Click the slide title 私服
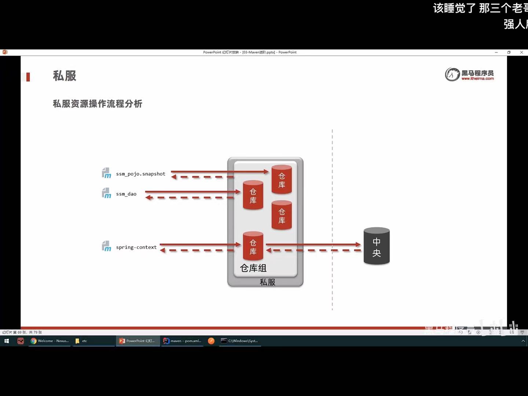pos(65,76)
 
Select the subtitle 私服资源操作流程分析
pos(98,104)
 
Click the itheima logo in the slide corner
pos(469,74)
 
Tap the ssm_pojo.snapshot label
pos(140,174)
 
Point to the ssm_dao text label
pos(126,194)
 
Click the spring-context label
pos(136,247)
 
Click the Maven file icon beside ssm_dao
pos(106,193)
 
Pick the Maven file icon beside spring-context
pos(106,246)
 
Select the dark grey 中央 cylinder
pos(377,246)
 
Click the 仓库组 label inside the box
pos(253,268)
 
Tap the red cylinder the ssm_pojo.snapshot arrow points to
pos(282,179)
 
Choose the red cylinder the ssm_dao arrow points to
pos(253,195)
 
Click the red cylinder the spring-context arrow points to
pos(253,246)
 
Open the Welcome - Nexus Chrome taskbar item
pos(50,341)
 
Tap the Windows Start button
pos(7,341)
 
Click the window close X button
pos(521,52)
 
